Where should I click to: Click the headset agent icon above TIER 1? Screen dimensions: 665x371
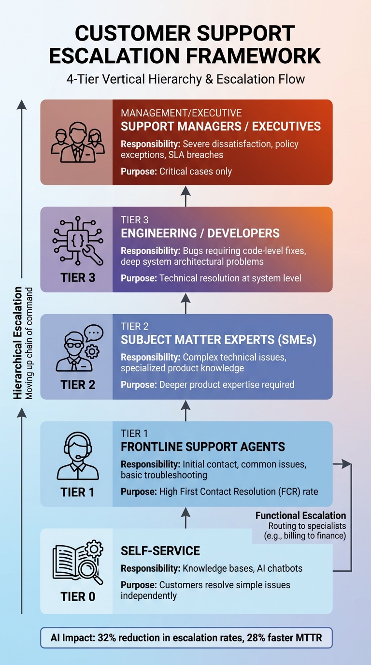77,457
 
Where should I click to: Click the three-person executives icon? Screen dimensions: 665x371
77,141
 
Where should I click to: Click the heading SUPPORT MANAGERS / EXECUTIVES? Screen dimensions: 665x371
220,127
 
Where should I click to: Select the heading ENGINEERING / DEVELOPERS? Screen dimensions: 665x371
200,233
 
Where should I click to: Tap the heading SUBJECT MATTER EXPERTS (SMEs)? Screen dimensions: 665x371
218,340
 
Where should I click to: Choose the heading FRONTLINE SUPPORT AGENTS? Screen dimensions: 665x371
203,447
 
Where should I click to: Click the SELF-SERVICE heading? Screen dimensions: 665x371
160,551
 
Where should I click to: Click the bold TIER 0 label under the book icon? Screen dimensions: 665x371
78,596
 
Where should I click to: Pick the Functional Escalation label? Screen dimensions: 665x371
300,516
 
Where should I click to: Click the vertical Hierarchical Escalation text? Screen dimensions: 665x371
18,343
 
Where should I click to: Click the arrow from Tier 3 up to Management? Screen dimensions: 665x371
186,196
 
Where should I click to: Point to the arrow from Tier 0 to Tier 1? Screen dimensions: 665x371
186,517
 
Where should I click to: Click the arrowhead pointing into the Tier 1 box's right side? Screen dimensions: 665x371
346,464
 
